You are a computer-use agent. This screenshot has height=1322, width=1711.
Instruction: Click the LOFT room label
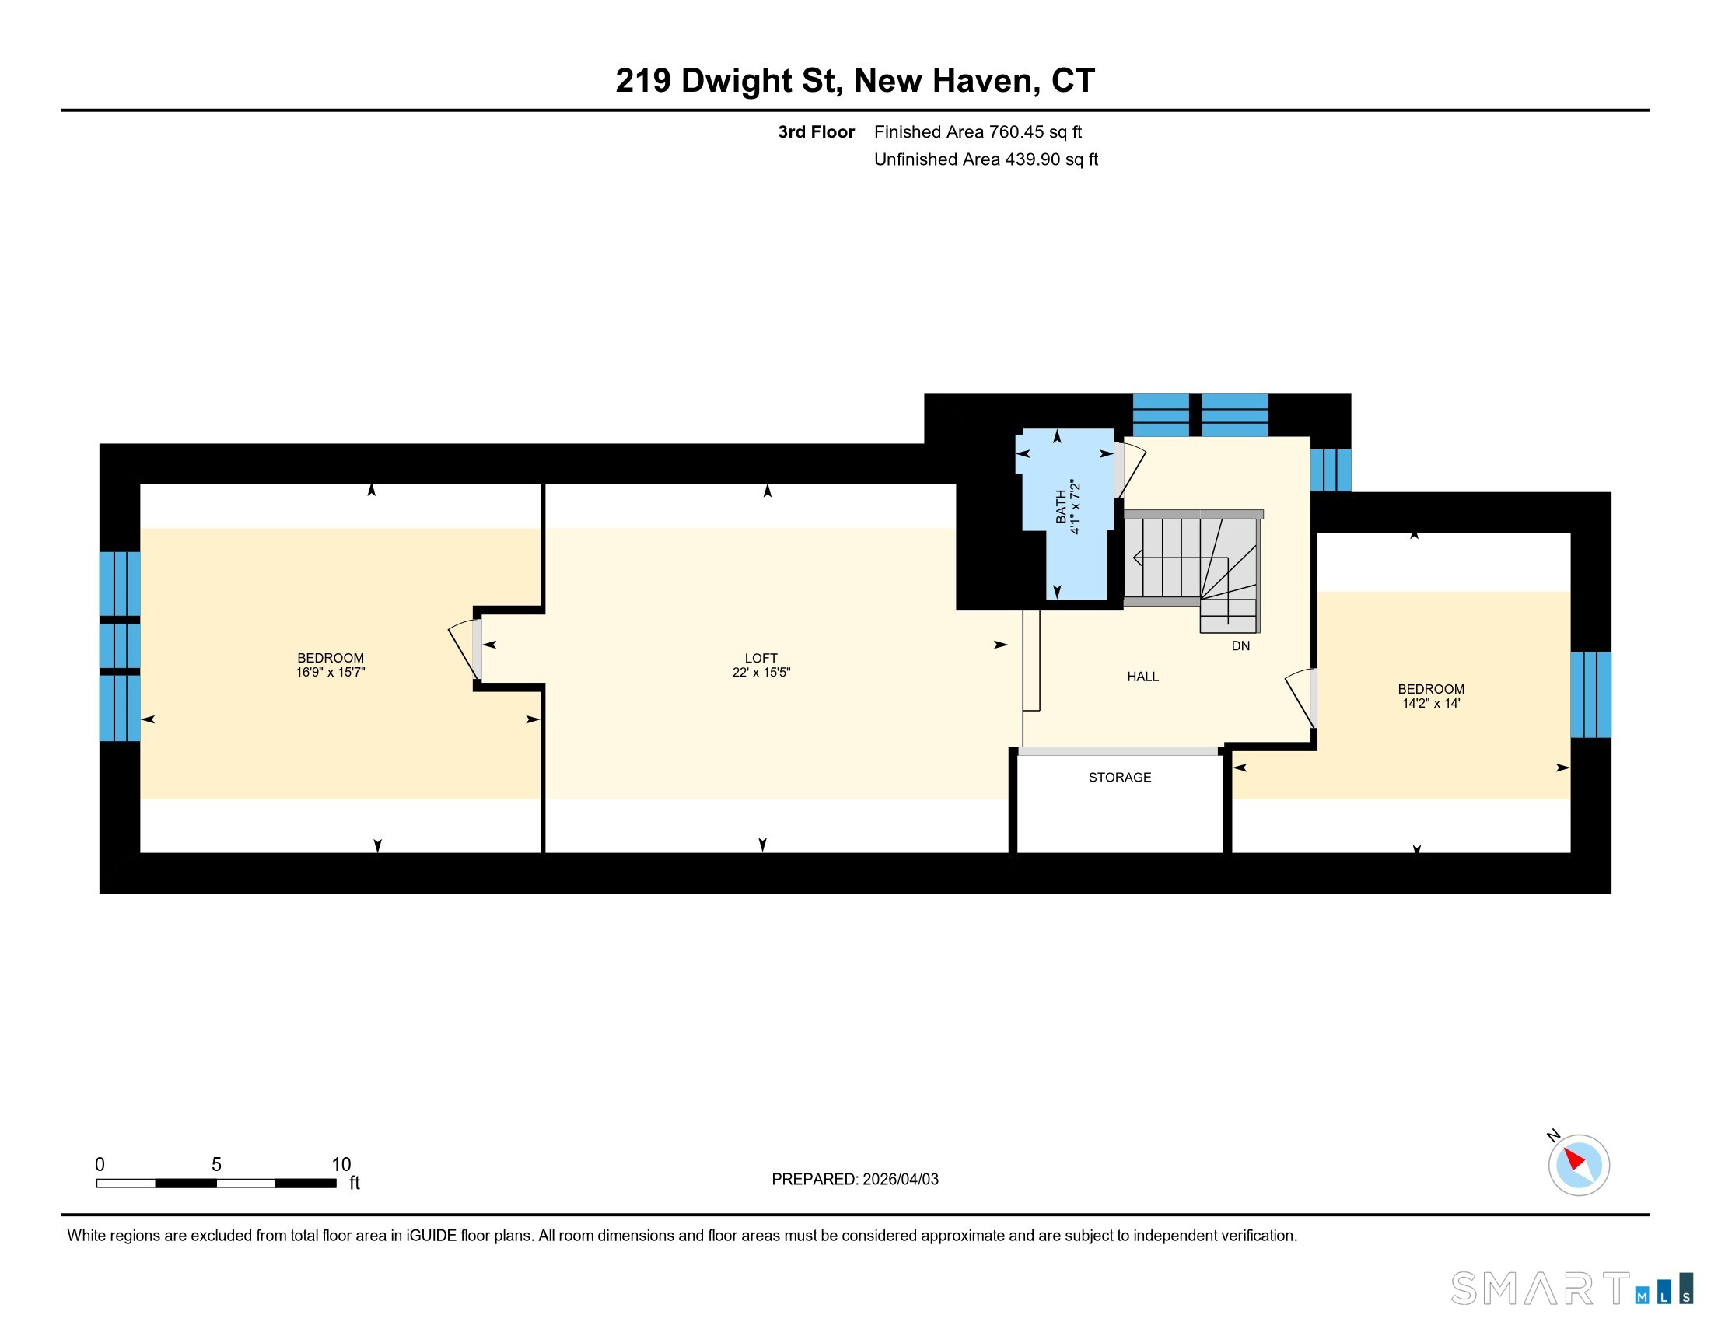761,658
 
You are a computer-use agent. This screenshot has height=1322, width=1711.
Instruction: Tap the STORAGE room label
1119,777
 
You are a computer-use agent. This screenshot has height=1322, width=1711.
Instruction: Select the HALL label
1143,677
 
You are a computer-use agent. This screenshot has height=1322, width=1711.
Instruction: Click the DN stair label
1240,646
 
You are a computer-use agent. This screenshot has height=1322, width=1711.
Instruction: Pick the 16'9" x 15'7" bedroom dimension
331,672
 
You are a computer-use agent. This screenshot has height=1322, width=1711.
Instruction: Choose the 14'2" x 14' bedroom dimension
1430,703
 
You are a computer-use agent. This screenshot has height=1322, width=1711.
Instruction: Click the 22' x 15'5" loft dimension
761,672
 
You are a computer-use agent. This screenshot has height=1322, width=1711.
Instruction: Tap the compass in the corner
1578,1164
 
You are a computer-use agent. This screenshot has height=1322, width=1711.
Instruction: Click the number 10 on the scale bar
341,1165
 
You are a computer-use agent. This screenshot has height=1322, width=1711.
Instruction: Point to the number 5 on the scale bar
216,1165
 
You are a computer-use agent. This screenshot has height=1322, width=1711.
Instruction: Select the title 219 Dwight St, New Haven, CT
855,81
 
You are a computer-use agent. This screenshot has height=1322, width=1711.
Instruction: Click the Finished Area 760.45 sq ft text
978,132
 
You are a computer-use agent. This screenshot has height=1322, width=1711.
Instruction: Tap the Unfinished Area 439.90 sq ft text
985,159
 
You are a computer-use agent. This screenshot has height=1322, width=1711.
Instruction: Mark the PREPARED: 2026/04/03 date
855,1180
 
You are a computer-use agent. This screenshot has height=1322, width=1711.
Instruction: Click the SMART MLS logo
1571,1289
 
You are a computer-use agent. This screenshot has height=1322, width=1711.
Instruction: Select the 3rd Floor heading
816,132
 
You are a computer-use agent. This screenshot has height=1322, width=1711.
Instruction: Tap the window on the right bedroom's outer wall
1590,694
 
